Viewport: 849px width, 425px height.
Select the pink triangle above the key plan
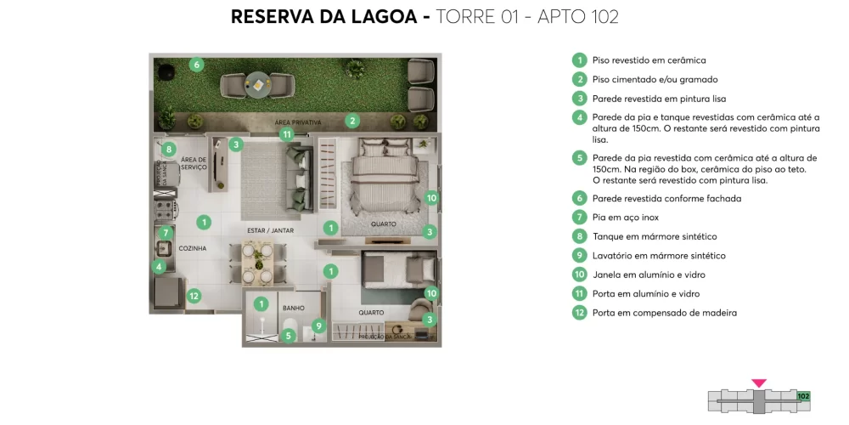coord(759,383)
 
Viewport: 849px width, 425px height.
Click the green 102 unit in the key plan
coord(803,396)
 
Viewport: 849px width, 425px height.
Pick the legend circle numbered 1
coord(579,60)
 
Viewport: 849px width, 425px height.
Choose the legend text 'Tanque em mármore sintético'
coord(654,236)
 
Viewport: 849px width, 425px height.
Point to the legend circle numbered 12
coord(579,312)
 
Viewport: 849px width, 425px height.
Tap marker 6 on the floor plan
coord(196,65)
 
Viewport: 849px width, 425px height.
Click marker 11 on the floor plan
coord(287,134)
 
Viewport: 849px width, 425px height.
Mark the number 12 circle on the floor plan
coord(194,296)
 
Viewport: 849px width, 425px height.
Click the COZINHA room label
coord(192,248)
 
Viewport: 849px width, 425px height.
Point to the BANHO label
coord(294,308)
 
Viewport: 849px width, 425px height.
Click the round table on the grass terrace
coord(257,84)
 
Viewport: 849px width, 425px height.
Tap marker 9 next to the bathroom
coord(318,325)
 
